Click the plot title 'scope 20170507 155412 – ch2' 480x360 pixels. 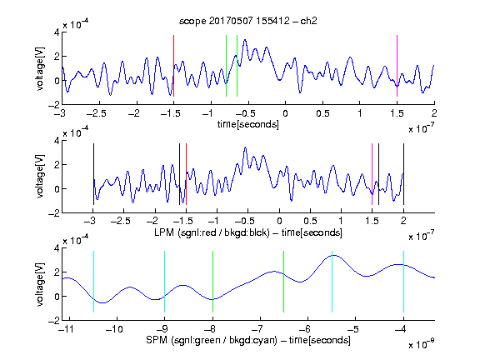[248, 21]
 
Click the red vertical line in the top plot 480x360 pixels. [173, 66]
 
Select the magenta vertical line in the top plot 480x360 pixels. [397, 66]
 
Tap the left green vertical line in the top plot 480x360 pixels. [226, 66]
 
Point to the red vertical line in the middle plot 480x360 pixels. [186, 174]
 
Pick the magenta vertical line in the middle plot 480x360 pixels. [372, 174]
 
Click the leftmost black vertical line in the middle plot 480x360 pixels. [93, 174]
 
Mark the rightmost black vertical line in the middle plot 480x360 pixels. [403, 174]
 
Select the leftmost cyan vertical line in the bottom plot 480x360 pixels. [93, 282]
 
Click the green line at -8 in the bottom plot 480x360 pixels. [212, 282]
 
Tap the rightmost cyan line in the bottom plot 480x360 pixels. [403, 282]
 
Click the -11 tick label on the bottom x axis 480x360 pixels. [66, 329]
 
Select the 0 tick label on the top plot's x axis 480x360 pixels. [285, 113]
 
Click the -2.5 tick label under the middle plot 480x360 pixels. [121, 221]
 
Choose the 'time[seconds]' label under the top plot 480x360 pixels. [248, 124]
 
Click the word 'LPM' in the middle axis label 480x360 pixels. [164, 232]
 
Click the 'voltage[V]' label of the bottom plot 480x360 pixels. [40, 284]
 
